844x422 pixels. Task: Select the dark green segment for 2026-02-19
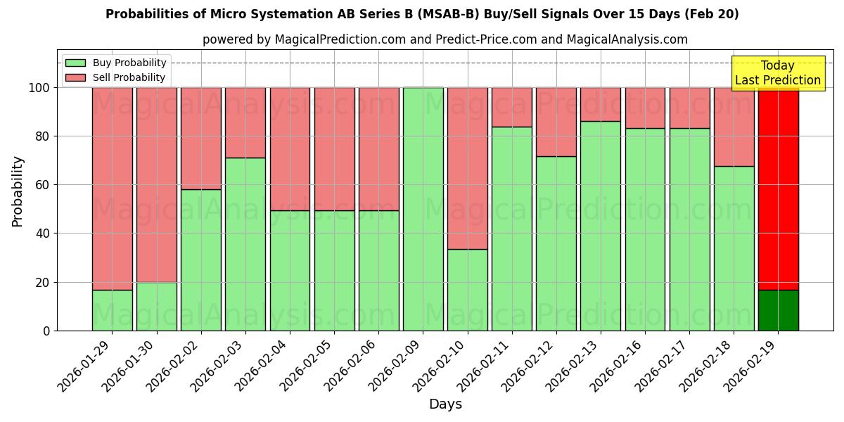778,310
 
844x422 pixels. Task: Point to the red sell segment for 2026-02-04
290,149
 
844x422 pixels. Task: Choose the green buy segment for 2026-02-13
601,226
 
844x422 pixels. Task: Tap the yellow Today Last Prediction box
777,73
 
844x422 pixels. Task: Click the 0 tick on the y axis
47,331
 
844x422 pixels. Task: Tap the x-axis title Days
445,404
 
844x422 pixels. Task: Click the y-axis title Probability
18,191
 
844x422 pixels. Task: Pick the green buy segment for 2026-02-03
245,244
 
